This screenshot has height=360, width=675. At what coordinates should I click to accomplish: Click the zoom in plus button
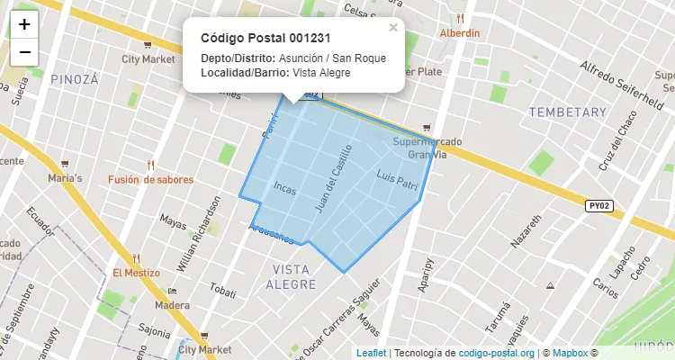click(24, 24)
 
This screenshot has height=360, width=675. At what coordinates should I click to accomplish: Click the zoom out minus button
click(24, 51)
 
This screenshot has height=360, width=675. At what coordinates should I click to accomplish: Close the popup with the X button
click(393, 27)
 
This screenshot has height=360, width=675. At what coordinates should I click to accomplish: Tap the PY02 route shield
click(599, 206)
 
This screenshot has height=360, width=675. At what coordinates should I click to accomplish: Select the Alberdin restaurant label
click(460, 32)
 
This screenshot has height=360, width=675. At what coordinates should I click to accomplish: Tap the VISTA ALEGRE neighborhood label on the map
click(291, 277)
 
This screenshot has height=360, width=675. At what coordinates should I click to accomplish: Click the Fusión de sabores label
click(150, 179)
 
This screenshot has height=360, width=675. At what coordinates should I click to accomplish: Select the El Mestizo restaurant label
click(136, 273)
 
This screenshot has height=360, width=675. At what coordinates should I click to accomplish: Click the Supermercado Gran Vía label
click(427, 148)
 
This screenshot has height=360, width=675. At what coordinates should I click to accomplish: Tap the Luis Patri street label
click(398, 180)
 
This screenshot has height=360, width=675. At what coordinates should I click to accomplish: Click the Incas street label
click(283, 188)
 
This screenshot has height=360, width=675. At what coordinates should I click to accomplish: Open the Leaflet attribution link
click(371, 353)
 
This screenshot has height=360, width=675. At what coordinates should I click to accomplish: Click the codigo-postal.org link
click(497, 353)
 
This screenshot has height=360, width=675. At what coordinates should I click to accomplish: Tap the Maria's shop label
click(65, 178)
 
